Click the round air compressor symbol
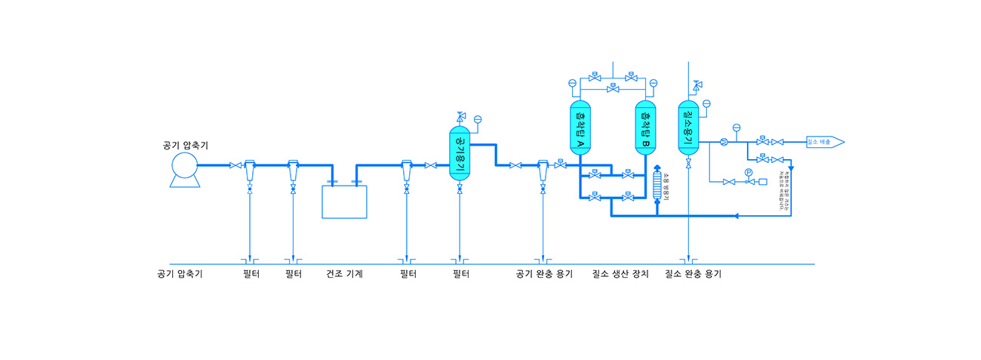pyautogui.click(x=183, y=165)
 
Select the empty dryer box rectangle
pyautogui.click(x=345, y=201)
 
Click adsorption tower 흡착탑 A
pyautogui.click(x=580, y=127)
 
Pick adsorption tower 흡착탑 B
pyautogui.click(x=645, y=127)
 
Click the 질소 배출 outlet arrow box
pyautogui.click(x=825, y=142)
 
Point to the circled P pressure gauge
pyautogui.click(x=749, y=173)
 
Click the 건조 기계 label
pyautogui.click(x=345, y=274)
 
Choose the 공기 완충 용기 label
pyautogui.click(x=544, y=274)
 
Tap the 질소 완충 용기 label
pyautogui.click(x=693, y=274)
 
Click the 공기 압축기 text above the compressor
pyautogui.click(x=185, y=145)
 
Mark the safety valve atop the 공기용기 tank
pyautogui.click(x=460, y=116)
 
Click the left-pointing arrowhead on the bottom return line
pyautogui.click(x=736, y=216)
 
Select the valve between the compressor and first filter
pyautogui.click(x=235, y=165)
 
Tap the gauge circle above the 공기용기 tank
pyautogui.click(x=478, y=119)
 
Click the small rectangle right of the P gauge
pyautogui.click(x=762, y=182)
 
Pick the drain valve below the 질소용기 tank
pyautogui.click(x=688, y=165)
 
